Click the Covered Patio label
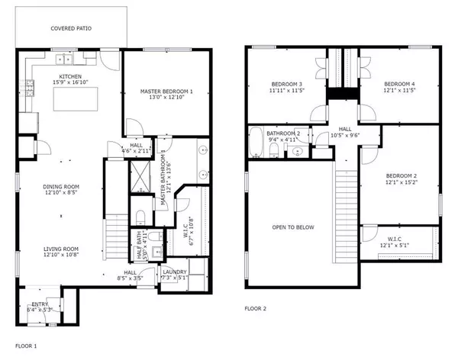point(71,28)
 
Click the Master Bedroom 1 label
point(166,91)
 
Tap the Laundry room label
point(171,272)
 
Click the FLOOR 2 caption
point(256,309)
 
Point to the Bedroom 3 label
point(287,84)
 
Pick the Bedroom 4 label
point(400,84)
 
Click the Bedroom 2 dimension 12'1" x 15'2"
point(401,182)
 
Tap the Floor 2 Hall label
point(345,130)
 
